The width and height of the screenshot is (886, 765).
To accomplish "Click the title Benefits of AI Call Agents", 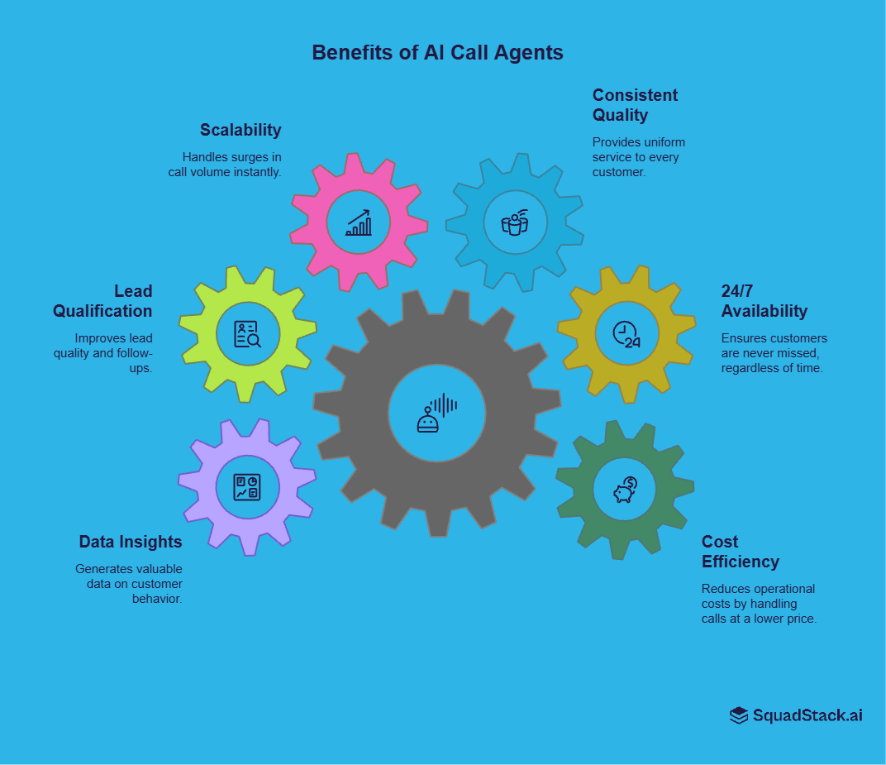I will point(437,52).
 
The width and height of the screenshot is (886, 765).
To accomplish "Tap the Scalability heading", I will point(241,130).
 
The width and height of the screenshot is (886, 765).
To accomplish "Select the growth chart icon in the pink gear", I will point(359,222).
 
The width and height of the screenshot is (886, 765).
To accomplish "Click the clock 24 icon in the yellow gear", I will point(626,333).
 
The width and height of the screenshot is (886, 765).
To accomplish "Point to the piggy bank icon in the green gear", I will point(624,490).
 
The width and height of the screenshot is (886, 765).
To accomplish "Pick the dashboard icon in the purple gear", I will point(247,486).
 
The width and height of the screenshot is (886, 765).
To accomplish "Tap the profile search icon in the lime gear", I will point(247,333).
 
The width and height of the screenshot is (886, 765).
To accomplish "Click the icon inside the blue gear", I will point(514,222).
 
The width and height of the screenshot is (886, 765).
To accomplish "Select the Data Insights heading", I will point(131,542).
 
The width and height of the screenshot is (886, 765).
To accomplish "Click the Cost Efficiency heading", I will point(740,552).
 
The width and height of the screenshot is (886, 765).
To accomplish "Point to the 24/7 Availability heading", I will point(764,301).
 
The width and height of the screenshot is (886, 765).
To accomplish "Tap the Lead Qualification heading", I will point(103,301).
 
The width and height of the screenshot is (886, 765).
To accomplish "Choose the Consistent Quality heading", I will point(635,105).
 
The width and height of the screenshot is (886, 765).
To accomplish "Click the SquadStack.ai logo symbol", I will point(738,715).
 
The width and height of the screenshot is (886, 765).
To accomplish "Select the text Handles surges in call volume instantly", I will point(225,165).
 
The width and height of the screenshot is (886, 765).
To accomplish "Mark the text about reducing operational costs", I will point(759,604).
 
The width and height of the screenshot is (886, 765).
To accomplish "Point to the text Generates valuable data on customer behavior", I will point(129,583).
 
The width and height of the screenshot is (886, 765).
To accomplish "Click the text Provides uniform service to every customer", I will point(638,156).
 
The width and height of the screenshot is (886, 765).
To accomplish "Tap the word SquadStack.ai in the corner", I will point(807,715).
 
